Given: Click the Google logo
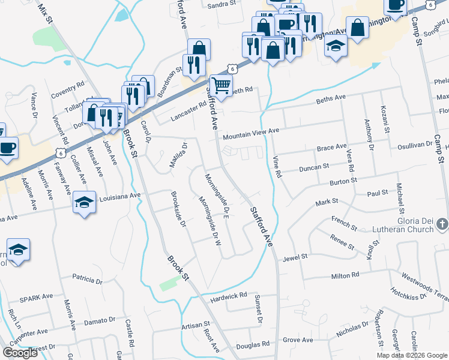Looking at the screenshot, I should click(x=20, y=353).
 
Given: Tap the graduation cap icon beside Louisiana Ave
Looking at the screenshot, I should click(x=84, y=203).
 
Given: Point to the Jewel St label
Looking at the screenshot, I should click(x=296, y=256).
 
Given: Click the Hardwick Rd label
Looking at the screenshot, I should click(x=229, y=295).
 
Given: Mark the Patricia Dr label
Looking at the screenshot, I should click(x=88, y=279).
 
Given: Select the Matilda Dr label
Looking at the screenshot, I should click(x=178, y=154).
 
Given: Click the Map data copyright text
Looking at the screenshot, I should click(x=412, y=355).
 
